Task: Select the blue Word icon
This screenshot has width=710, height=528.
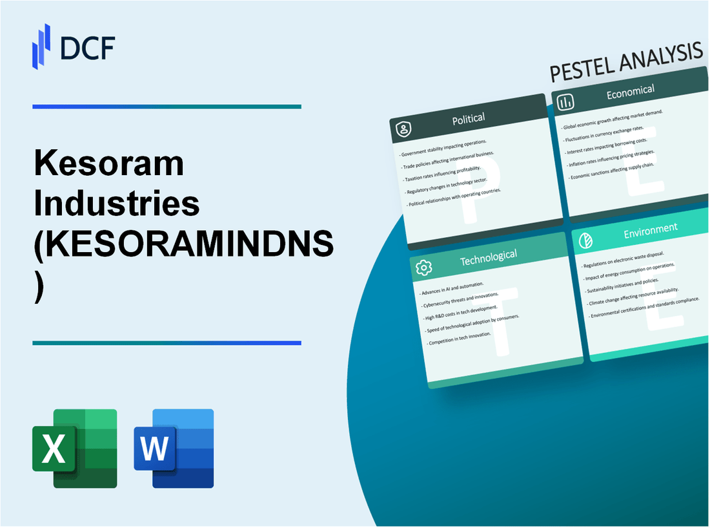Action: pyautogui.click(x=174, y=448)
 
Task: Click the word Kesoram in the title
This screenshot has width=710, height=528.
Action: pyautogui.click(x=109, y=165)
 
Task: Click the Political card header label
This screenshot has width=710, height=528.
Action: pyautogui.click(x=469, y=118)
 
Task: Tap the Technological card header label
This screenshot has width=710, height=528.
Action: pyautogui.click(x=488, y=257)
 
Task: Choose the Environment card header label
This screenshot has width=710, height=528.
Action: pyautogui.click(x=649, y=228)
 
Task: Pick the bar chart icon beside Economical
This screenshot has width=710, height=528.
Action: pyautogui.click(x=566, y=102)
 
